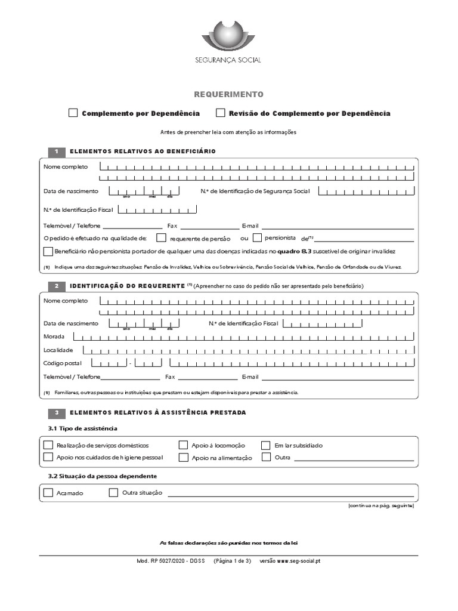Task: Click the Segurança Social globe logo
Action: click(228, 35)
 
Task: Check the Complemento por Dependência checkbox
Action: click(73, 113)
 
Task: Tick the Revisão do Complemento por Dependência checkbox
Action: click(221, 113)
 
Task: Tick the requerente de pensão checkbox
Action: click(161, 237)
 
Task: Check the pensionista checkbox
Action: click(257, 237)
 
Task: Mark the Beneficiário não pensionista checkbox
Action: click(48, 251)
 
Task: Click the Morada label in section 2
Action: click(54, 337)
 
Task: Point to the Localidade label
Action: click(58, 350)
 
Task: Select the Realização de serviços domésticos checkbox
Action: click(48, 445)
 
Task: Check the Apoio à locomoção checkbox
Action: click(184, 445)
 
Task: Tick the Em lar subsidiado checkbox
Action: click(266, 445)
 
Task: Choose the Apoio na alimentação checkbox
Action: click(184, 457)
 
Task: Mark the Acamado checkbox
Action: click(48, 492)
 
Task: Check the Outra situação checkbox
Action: click(113, 492)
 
